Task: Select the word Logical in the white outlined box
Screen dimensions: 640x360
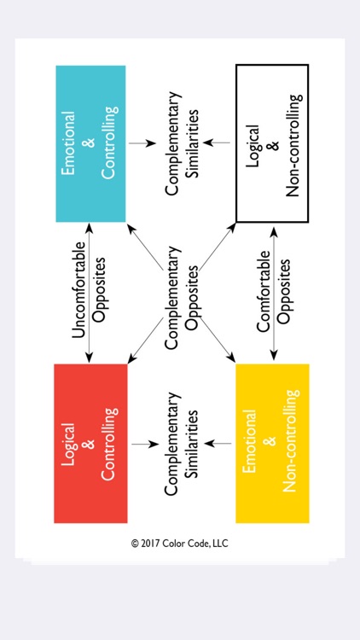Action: click(x=253, y=143)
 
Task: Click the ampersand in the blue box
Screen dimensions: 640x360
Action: click(x=90, y=143)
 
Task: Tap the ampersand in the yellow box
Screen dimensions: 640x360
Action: click(x=271, y=444)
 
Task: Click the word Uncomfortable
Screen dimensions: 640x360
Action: click(x=78, y=293)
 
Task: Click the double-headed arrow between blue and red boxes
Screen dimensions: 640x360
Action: click(x=90, y=293)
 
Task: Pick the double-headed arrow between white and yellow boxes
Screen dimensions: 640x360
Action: click(x=272, y=293)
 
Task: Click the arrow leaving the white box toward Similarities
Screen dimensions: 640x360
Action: click(x=219, y=143)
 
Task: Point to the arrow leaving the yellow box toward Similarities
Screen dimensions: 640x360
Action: click(x=219, y=444)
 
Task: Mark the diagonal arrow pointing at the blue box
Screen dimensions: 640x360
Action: click(x=142, y=242)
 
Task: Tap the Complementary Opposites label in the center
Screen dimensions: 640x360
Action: click(x=182, y=293)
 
